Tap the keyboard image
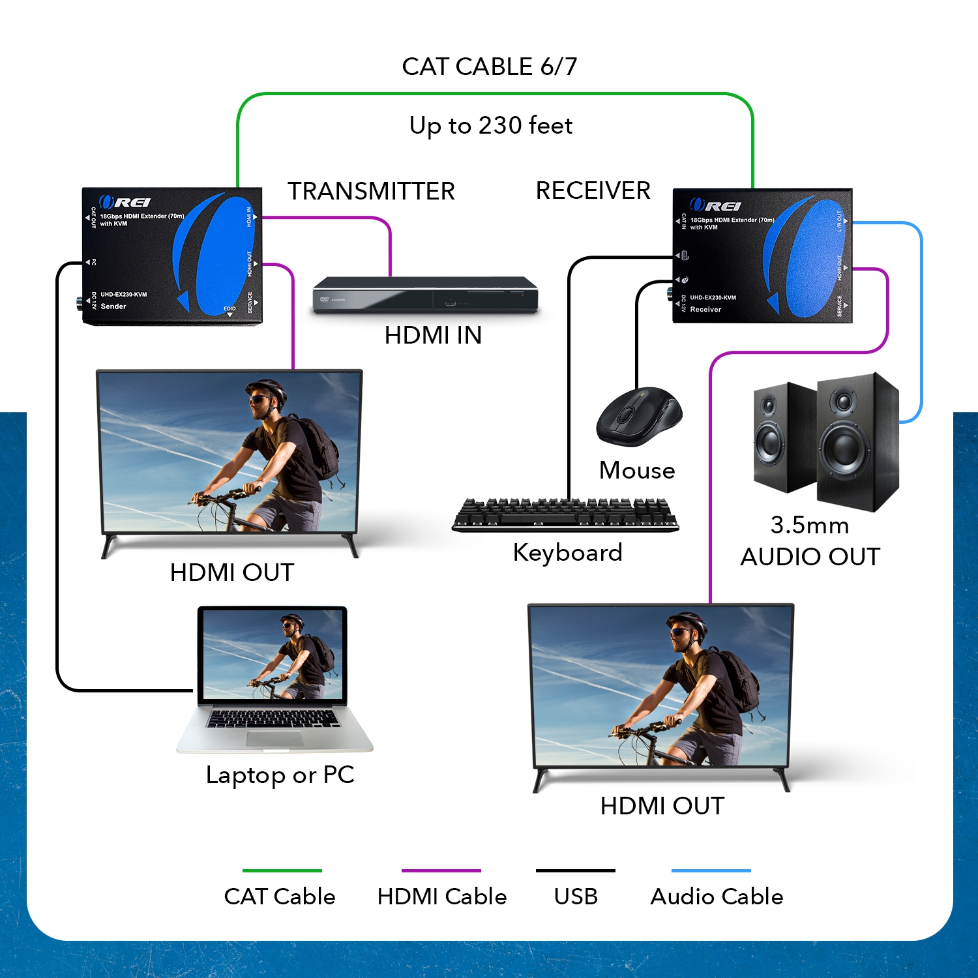click(x=565, y=515)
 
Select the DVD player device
click(x=425, y=295)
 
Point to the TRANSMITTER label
click(x=371, y=191)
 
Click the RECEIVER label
click(x=593, y=190)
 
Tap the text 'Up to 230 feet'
click(x=490, y=125)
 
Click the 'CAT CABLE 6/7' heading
click(x=489, y=67)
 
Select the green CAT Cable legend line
click(x=282, y=870)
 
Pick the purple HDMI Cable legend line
click(x=441, y=870)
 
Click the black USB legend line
click(x=575, y=870)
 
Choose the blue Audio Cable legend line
click(x=711, y=870)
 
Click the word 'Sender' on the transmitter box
click(x=113, y=306)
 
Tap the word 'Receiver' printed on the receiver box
click(x=705, y=310)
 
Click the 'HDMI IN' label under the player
click(x=433, y=335)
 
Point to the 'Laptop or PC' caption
click(x=280, y=775)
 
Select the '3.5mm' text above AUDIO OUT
click(x=809, y=525)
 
